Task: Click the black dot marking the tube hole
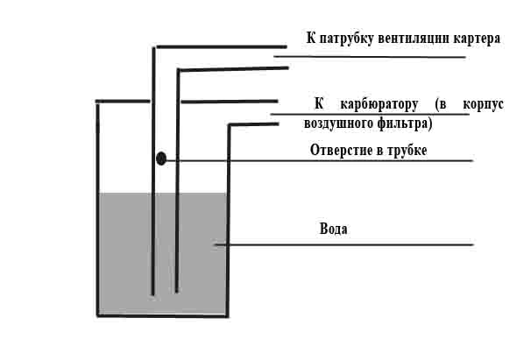pyautogui.click(x=161, y=159)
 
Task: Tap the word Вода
pyautogui.click(x=333, y=229)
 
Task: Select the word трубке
pyautogui.click(x=407, y=151)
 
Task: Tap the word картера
pyautogui.click(x=477, y=39)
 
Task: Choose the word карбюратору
pyautogui.click(x=379, y=105)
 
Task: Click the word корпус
pyautogui.click(x=483, y=105)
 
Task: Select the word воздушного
pyautogui.click(x=338, y=124)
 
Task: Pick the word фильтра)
pyautogui.click(x=405, y=124)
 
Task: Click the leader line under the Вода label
pyautogui.click(x=343, y=244)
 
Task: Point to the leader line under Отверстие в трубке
pyautogui.click(x=320, y=161)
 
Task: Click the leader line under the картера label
pyautogui.click(x=370, y=57)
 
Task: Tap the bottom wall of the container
pyautogui.click(x=163, y=315)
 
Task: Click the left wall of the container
pyautogui.click(x=98, y=209)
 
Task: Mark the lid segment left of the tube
pyautogui.click(x=123, y=102)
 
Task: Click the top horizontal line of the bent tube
pyautogui.click(x=222, y=46)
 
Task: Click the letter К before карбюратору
pyautogui.click(x=319, y=103)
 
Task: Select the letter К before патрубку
pyautogui.click(x=311, y=38)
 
